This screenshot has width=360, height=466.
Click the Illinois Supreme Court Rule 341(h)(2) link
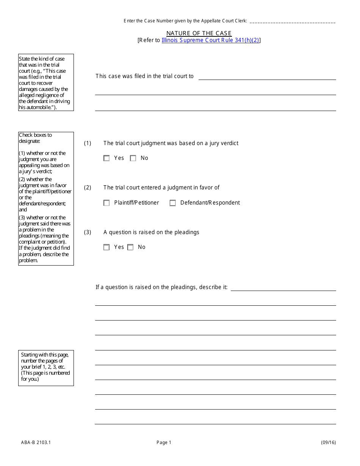coord(210,40)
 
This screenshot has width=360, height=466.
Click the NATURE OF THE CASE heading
coord(199,33)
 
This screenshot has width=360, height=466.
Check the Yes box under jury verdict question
coord(106,158)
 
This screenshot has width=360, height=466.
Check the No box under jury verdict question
coord(133,158)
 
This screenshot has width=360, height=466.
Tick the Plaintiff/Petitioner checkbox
coord(106,203)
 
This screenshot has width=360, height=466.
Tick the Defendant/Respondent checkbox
coord(173,203)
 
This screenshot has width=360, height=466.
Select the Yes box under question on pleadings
coord(106,247)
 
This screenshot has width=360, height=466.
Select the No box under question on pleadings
coord(130,247)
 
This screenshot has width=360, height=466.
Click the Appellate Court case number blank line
coord(293,22)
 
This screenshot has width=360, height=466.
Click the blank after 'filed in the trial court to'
coord(267,77)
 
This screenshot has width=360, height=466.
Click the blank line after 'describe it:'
coord(283,288)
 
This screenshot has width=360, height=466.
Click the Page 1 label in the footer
coord(164,443)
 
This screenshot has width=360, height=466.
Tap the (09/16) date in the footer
coord(328,443)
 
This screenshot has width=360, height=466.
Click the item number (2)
coord(88,188)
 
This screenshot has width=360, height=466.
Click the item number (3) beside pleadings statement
coord(88,232)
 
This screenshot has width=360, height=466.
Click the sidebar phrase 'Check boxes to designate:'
coord(35,138)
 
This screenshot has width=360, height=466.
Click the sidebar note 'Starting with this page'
coord(45,355)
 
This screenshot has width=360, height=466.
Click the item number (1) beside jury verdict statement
coord(88,143)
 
